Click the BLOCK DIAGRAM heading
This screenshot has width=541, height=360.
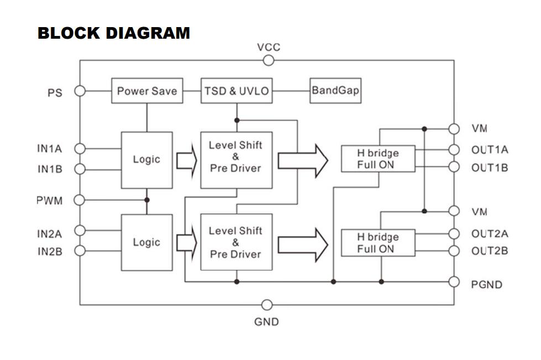[x=114, y=33]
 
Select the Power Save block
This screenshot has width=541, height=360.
[x=147, y=91]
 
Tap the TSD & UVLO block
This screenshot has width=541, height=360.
[x=237, y=91]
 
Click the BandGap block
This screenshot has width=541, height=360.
[x=335, y=90]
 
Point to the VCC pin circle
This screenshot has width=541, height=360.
[x=269, y=60]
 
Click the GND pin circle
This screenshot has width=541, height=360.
[x=267, y=305]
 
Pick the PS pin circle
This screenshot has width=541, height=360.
[x=80, y=91]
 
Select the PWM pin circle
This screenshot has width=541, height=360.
[x=80, y=200]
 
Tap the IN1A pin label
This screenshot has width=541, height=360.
[x=50, y=148]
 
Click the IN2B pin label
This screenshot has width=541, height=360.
[x=50, y=252]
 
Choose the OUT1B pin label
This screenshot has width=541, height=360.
[x=490, y=168]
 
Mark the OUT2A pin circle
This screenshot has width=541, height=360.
[x=454, y=233]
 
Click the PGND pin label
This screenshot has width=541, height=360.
[x=487, y=285]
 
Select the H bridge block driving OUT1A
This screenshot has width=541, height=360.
[x=378, y=159]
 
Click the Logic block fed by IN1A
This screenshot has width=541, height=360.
[x=146, y=159]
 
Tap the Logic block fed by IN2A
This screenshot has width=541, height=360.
[x=146, y=242]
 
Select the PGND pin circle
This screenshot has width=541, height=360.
[x=454, y=282]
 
